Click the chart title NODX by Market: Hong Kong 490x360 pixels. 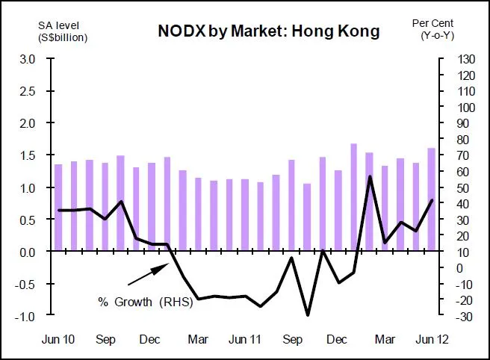268,31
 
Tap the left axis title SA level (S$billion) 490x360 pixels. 63,31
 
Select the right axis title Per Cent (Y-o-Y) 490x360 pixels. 432,29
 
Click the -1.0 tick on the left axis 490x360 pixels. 25,317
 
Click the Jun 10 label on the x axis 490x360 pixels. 58,340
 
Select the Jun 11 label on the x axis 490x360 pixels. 244,340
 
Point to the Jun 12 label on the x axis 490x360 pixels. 431,340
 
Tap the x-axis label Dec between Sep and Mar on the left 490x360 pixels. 152,340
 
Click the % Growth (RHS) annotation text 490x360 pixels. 146,302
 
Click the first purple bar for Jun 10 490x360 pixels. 58,207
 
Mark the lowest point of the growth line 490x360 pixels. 307,314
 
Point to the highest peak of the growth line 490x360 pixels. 369,176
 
